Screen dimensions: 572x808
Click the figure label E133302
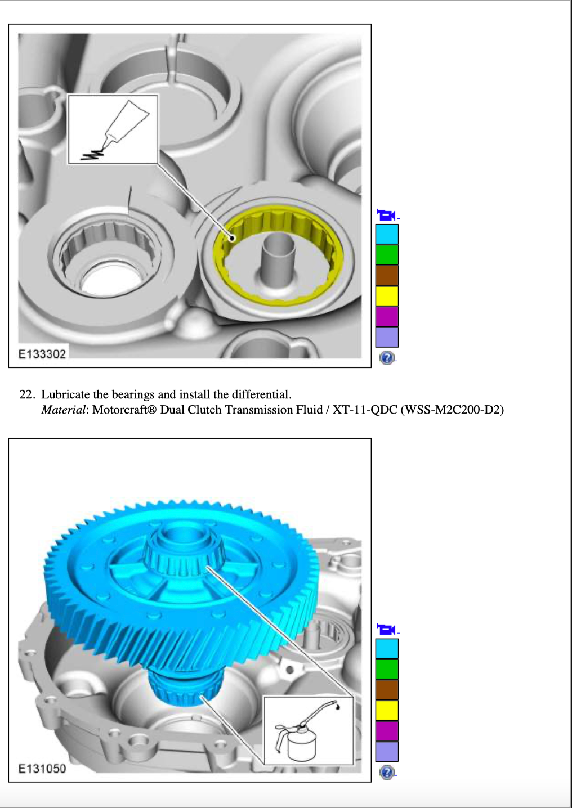tap(42, 354)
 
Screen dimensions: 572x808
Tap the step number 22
tap(28, 394)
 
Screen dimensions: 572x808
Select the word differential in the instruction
tap(261, 394)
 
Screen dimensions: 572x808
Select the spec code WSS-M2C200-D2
tap(452, 410)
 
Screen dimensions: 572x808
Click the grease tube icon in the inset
tap(115, 131)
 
